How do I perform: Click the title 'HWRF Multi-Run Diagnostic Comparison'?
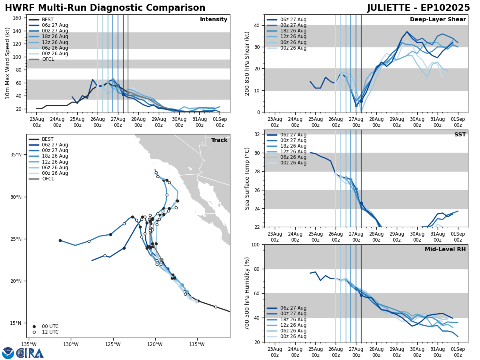[x=105, y=8]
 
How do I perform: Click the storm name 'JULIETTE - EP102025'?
[x=418, y=8]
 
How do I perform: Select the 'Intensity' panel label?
[x=214, y=20]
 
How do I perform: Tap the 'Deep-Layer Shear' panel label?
[x=438, y=20]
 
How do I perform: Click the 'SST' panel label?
[x=460, y=135]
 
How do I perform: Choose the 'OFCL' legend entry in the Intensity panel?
[x=48, y=59]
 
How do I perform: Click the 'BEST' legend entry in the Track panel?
[x=48, y=139]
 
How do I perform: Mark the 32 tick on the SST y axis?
[x=258, y=134]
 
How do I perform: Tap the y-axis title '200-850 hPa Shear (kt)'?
[x=248, y=64]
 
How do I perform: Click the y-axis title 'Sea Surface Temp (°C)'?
[x=248, y=178]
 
